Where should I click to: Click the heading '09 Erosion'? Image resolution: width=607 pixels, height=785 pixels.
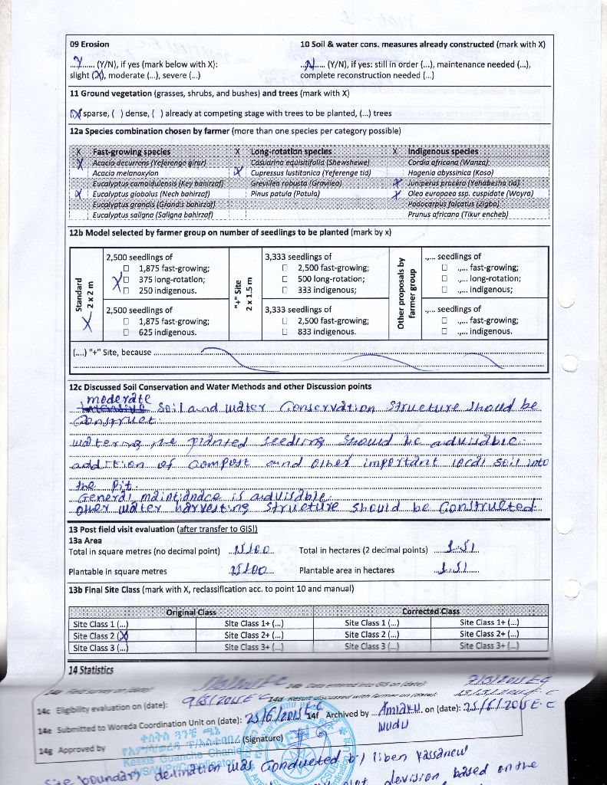pyautogui.click(x=90, y=44)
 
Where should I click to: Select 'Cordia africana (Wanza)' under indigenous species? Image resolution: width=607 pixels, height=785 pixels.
pyautogui.click(x=448, y=163)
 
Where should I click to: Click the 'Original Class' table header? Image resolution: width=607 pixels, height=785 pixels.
pyautogui.click(x=191, y=612)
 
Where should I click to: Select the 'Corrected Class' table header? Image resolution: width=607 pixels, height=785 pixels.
pyautogui.click(x=431, y=612)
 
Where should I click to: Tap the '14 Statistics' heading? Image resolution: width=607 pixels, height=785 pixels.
pyautogui.click(x=91, y=669)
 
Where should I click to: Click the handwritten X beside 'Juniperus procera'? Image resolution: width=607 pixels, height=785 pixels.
pyautogui.click(x=397, y=184)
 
